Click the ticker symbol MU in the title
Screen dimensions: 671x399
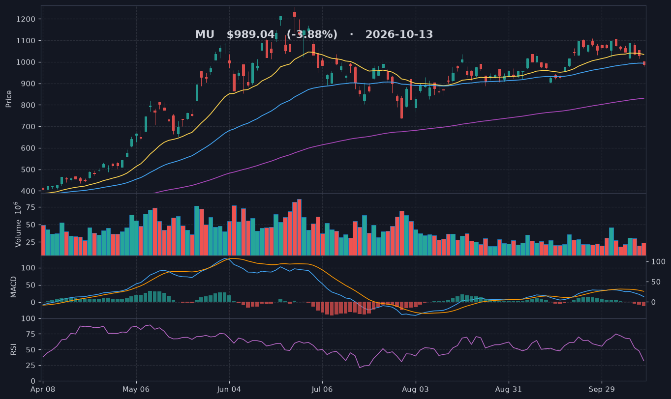coord(205,34)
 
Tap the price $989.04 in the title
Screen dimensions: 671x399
coord(250,34)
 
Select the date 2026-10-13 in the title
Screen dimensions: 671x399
coord(399,34)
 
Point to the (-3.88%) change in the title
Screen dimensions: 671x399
coord(312,34)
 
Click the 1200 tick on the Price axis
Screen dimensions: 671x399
coord(26,19)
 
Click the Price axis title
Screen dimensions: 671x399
coord(8,99)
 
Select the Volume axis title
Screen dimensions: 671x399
coord(18,225)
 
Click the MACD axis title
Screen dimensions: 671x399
coord(13,287)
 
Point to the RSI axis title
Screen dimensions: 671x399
coord(13,349)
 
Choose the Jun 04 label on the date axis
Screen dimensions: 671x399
coord(229,390)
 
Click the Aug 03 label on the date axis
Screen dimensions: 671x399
coord(415,390)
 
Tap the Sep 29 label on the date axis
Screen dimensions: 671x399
coord(602,390)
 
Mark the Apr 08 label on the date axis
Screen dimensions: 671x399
coord(43,390)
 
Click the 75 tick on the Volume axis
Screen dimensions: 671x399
coord(31,207)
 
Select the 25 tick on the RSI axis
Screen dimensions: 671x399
coord(31,366)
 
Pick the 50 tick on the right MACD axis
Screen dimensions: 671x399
coord(657,282)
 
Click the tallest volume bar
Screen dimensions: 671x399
coord(299,227)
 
